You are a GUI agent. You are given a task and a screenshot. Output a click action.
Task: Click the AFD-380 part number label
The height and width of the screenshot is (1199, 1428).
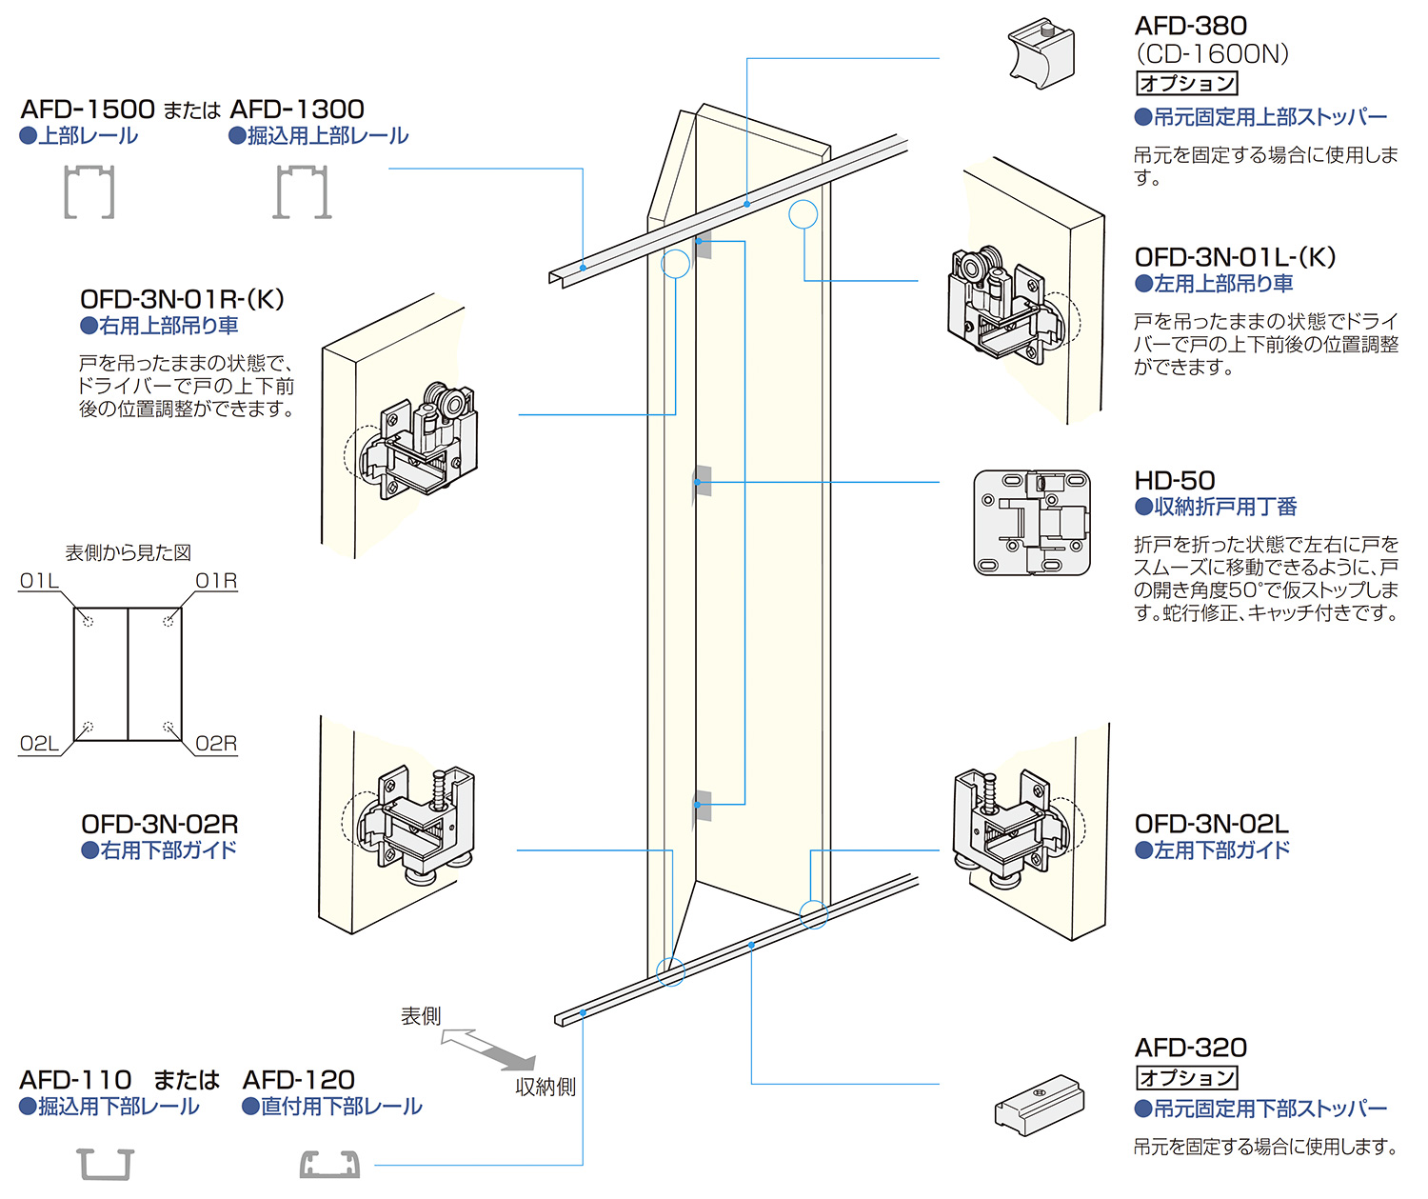1190,26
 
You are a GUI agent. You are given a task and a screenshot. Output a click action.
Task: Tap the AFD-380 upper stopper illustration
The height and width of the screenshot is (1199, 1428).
1041,53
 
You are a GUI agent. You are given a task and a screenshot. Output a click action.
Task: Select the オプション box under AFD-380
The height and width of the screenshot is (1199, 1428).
1187,84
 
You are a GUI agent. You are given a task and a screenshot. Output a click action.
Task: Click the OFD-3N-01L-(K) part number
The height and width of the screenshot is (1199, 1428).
1235,257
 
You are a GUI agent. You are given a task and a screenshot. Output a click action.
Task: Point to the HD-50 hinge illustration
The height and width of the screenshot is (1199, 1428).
1032,523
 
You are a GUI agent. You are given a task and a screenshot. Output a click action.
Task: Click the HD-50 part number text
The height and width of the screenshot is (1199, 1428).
1175,481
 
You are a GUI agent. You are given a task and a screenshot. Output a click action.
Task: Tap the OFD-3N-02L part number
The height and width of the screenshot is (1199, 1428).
1211,824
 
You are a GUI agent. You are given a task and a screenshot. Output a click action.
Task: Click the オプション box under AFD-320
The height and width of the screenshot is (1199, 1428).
1187,1078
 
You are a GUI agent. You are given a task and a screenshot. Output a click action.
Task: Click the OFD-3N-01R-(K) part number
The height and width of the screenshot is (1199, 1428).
182,299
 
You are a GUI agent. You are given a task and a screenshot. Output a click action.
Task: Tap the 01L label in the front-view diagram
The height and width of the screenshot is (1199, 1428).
39,581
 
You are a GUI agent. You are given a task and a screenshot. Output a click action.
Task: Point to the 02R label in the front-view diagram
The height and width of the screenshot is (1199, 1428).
216,744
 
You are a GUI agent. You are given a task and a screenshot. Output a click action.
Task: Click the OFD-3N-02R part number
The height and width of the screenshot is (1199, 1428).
159,824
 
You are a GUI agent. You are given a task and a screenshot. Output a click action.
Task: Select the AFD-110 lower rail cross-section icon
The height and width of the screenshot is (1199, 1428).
105,1164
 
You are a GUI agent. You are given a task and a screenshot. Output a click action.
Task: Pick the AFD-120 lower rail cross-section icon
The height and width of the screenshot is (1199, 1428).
329,1164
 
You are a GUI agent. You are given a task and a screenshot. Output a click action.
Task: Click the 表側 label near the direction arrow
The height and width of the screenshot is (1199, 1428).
421,1016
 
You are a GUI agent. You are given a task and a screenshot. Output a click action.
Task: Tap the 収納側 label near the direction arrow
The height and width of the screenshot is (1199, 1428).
545,1087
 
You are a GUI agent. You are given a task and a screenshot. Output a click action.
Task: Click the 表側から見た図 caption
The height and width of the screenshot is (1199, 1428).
128,552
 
